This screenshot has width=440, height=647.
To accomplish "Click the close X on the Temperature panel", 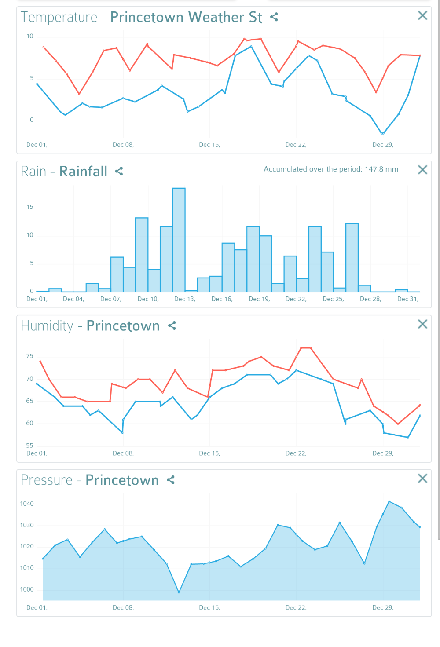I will point(422,16).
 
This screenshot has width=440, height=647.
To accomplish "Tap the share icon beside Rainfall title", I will point(119,171).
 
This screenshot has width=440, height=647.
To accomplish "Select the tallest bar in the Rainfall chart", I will point(179,240).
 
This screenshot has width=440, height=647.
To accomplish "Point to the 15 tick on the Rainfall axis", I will point(30,207).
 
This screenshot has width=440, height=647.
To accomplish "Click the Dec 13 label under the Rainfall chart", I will point(185,299).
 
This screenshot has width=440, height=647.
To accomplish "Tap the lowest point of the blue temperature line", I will point(382,133).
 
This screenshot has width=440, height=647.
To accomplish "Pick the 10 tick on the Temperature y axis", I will point(30,37).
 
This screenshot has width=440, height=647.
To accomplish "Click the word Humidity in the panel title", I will point(47,326).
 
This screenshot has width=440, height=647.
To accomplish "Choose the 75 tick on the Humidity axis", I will point(29,356).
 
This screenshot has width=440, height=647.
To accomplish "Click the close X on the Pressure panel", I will point(422,479).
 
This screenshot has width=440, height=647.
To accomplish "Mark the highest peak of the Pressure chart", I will point(389,501).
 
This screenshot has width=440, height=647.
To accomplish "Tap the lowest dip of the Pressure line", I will point(179,592).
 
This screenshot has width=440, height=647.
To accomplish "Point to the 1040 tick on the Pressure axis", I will point(27,504).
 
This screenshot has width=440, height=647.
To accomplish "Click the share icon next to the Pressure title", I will point(171,480).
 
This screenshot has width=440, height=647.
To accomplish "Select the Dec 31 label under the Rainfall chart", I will point(407,299).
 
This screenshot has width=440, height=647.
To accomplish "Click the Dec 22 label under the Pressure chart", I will point(296,608).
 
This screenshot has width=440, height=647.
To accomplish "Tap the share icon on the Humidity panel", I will point(172,325).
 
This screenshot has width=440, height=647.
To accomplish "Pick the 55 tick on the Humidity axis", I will point(29,446).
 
